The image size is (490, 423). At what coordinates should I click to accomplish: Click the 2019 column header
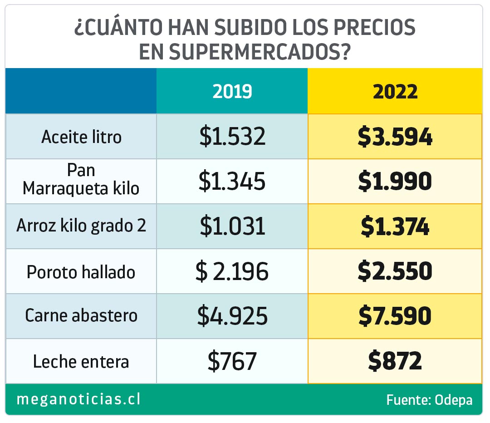[x=232, y=92]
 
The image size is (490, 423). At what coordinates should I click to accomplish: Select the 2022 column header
[x=395, y=92]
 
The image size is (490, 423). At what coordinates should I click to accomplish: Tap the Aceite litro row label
[x=81, y=137]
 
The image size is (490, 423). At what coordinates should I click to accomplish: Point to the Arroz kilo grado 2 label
[x=81, y=226]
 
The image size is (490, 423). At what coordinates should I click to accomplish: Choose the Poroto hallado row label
[x=81, y=272]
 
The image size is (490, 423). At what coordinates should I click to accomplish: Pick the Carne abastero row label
[x=81, y=315]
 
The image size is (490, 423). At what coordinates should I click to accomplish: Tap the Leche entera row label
[x=81, y=362]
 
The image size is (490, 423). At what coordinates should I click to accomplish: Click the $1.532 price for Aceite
[x=232, y=136]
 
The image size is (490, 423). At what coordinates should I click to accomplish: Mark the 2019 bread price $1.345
[x=232, y=181]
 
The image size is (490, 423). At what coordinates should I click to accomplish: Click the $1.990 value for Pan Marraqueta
[x=395, y=182]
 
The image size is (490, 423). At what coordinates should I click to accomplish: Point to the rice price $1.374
[x=395, y=226]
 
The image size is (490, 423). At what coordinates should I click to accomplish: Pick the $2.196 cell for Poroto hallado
[x=232, y=271]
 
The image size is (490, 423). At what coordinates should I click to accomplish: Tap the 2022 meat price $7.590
[x=395, y=316]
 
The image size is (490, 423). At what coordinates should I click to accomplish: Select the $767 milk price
[x=232, y=361]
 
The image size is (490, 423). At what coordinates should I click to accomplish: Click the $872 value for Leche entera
[x=395, y=361]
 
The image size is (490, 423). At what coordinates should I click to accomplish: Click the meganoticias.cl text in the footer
[x=78, y=399]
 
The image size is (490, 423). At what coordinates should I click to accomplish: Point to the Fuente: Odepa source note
[x=429, y=400]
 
